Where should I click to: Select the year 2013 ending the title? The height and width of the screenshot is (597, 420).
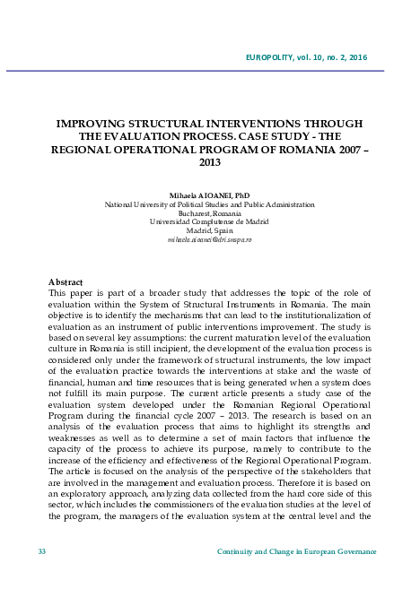coord(209,164)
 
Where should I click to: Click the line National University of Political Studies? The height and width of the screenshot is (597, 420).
coord(209,204)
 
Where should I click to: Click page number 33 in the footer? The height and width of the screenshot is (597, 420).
coord(42,550)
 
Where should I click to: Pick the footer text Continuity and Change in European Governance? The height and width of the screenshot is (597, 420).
coord(296,550)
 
